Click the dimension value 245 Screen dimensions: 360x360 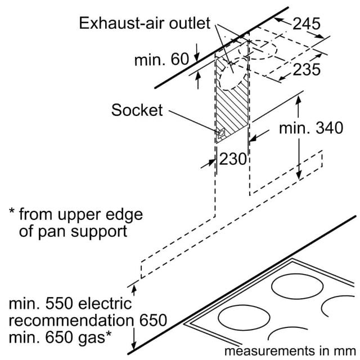[306, 24]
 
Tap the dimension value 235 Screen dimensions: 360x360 [307, 69]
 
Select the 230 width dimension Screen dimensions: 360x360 [233, 159]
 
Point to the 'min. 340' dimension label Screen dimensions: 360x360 [311, 128]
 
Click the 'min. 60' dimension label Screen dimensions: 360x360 [161, 59]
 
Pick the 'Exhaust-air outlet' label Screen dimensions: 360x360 [145, 23]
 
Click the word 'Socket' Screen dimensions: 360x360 [137, 110]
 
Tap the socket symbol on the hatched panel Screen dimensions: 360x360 [221, 133]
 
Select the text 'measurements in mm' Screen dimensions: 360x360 [290, 351]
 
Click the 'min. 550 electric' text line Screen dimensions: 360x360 [70, 303]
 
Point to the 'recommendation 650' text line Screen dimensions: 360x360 [88, 320]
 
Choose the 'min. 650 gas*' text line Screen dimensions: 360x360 [60, 337]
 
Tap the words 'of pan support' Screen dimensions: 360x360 [73, 231]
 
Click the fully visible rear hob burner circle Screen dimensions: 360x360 [297, 286]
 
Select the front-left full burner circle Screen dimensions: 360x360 [244, 317]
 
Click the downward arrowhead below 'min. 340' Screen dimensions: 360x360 [299, 175]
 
